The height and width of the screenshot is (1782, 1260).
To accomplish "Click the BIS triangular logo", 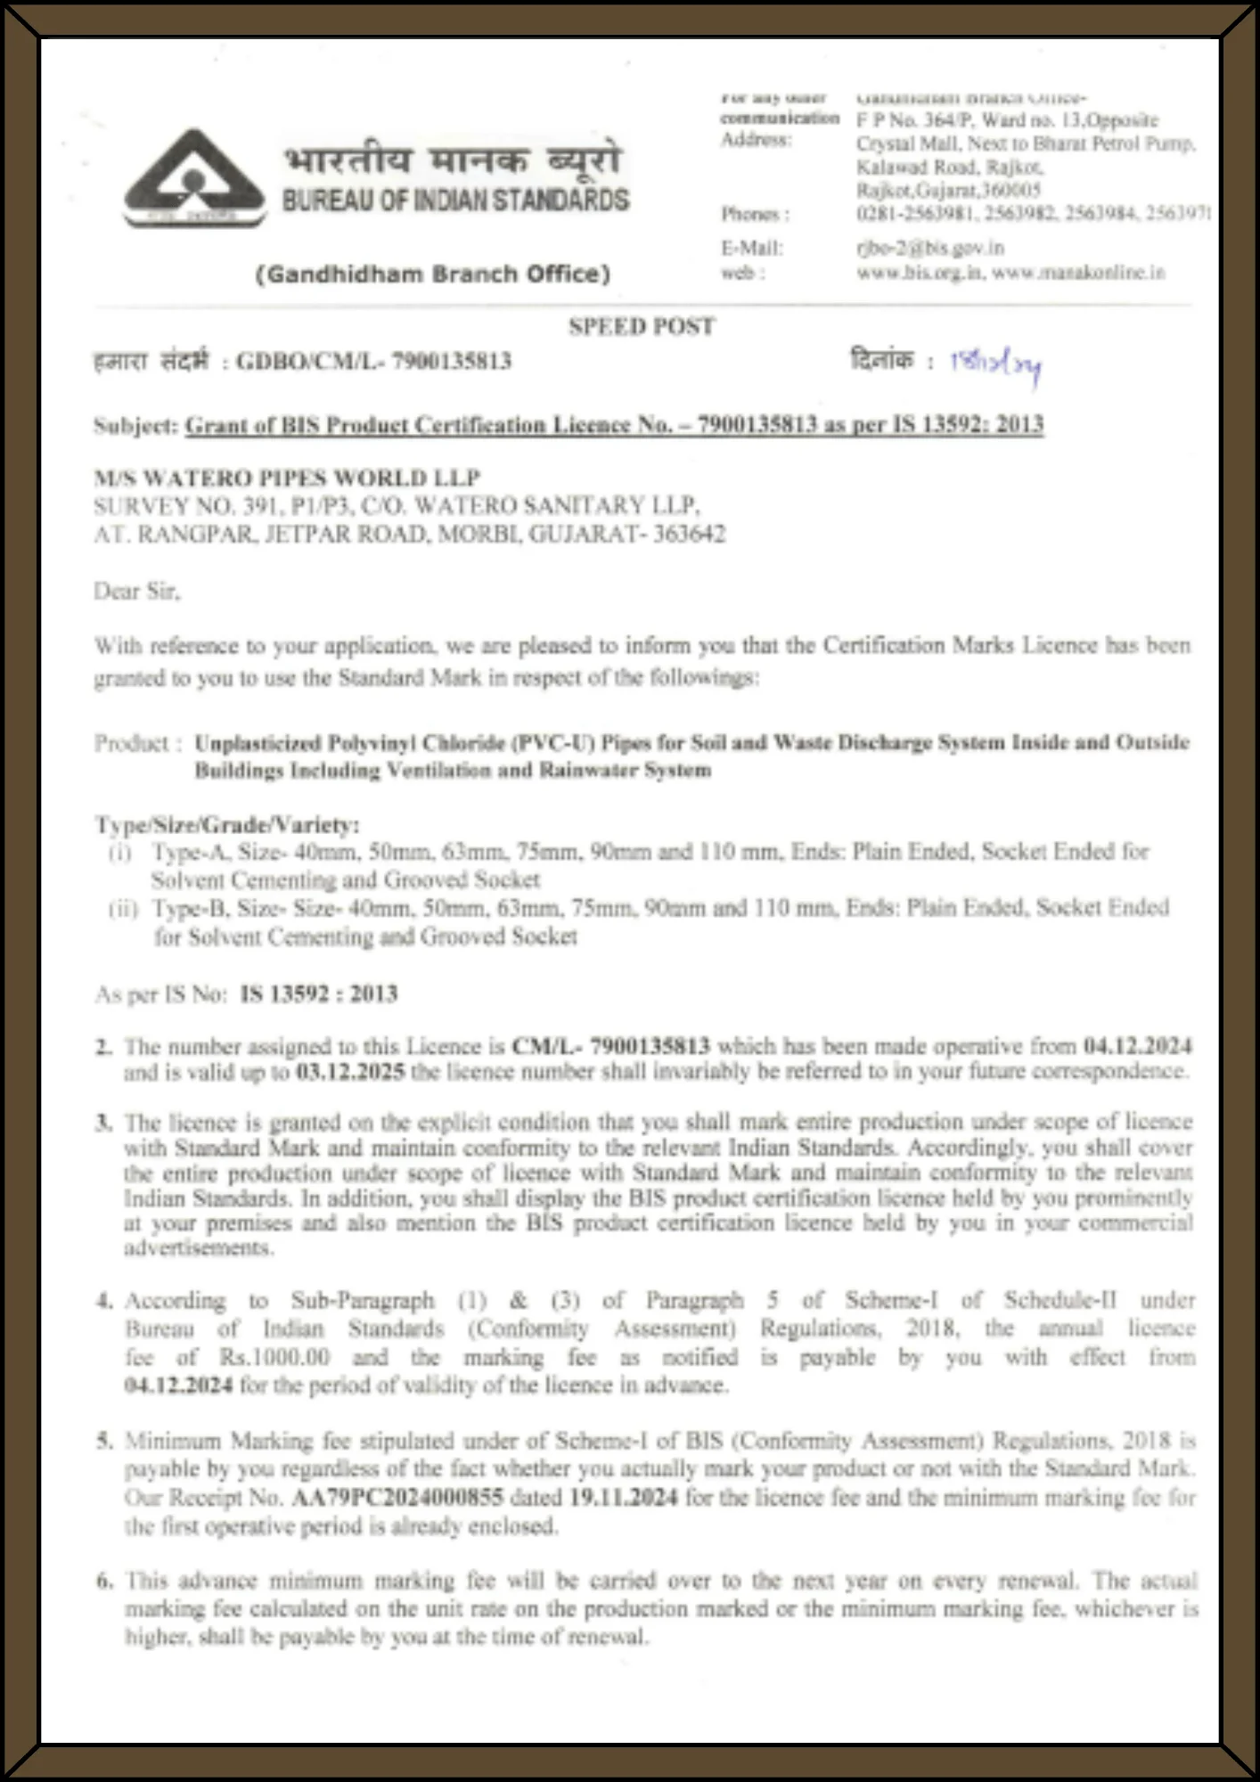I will pyautogui.click(x=194, y=178).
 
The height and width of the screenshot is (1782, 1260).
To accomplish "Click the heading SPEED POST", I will pyautogui.click(x=642, y=327).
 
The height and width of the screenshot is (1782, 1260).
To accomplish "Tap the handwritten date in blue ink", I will pyautogui.click(x=995, y=364).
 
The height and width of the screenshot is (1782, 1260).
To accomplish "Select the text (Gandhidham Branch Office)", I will pyautogui.click(x=433, y=274).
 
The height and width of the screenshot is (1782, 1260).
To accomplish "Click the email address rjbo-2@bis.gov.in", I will pyautogui.click(x=929, y=248).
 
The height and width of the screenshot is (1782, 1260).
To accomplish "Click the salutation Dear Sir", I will pyautogui.click(x=136, y=591).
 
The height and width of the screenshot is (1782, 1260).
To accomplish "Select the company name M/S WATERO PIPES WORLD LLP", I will pyautogui.click(x=287, y=478).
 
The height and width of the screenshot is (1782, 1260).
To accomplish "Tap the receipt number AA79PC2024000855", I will pyautogui.click(x=397, y=1498).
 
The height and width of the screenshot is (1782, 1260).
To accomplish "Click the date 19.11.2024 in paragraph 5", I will pyautogui.click(x=624, y=1498).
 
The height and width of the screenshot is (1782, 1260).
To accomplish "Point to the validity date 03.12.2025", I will pyautogui.click(x=350, y=1071).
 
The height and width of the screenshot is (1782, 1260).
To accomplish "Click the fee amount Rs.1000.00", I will pyautogui.click(x=274, y=1357).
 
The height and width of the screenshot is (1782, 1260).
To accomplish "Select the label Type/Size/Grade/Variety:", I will pyautogui.click(x=227, y=825).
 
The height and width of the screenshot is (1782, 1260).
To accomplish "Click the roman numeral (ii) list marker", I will pyautogui.click(x=121, y=910).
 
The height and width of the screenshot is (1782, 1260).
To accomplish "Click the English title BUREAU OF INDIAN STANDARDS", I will pyautogui.click(x=455, y=200).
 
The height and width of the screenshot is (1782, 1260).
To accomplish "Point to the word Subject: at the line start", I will pyautogui.click(x=136, y=426).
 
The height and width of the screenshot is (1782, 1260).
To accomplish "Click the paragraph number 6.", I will pyautogui.click(x=105, y=1582).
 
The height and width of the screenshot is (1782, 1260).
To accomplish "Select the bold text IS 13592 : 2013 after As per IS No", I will pyautogui.click(x=319, y=994).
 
